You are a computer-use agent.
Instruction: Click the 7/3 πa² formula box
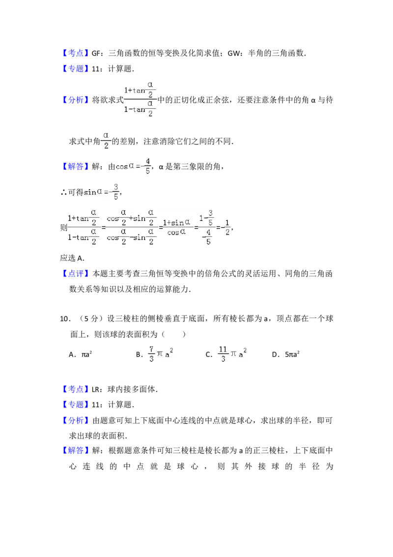coord(161,354)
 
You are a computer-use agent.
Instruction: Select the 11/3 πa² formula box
coord(231,354)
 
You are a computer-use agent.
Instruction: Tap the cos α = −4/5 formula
coord(134,166)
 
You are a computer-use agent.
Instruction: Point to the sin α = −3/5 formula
coord(102,191)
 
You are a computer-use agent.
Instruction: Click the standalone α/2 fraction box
coord(106,141)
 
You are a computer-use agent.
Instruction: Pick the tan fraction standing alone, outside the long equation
coord(139,99)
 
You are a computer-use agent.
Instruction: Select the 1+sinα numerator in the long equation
coord(176,223)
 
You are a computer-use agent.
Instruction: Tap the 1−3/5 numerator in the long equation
coord(206,217)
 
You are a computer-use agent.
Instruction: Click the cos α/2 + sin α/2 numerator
coord(131,217)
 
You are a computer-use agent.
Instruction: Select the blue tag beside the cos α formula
coord(76,167)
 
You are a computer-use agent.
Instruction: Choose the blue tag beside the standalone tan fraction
coord(76,100)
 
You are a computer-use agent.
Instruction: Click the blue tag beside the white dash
coord(76,389)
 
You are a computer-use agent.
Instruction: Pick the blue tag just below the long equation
coord(76,273)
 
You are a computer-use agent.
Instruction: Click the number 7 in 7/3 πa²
coord(152,349)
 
